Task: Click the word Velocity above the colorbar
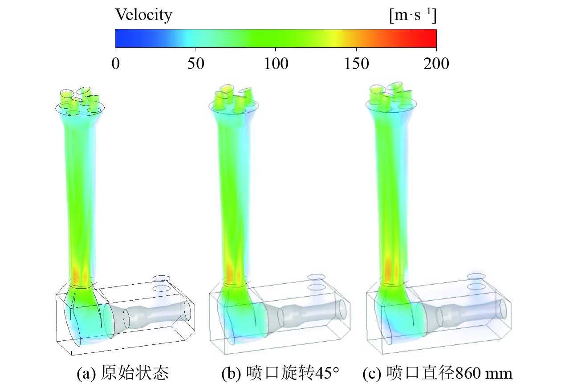pyautogui.click(x=143, y=15)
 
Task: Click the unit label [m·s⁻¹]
pyautogui.click(x=413, y=15)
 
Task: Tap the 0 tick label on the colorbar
pyautogui.click(x=115, y=64)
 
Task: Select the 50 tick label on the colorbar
pyautogui.click(x=195, y=64)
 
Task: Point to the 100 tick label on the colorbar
pyautogui.click(x=276, y=64)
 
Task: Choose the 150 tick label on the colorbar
pyautogui.click(x=356, y=64)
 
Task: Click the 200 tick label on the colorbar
pyautogui.click(x=436, y=64)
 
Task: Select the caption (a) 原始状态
pyautogui.click(x=123, y=373)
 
